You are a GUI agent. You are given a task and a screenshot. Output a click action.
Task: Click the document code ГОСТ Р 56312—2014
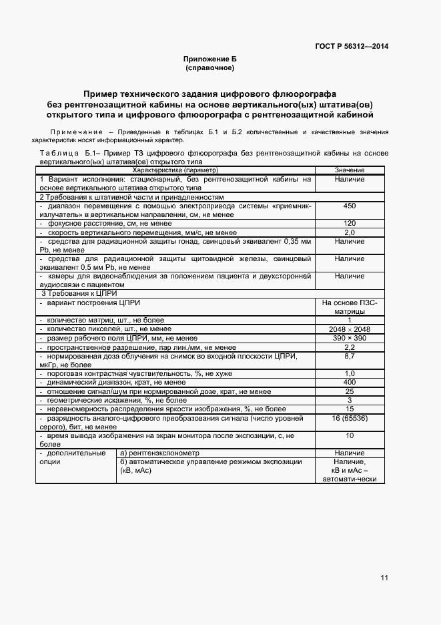click(352, 46)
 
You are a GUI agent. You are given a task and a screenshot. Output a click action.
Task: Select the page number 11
click(385, 578)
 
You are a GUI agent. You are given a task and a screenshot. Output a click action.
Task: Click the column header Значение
click(350, 171)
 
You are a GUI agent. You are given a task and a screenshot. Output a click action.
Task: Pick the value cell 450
click(350, 206)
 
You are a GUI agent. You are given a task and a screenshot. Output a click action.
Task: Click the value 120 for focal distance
click(350, 223)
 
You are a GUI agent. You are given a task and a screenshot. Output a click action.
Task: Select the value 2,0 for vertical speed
click(350, 232)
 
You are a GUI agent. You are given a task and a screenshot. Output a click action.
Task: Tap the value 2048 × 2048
click(350, 329)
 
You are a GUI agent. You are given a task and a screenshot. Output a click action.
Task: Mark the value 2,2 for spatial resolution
click(350, 347)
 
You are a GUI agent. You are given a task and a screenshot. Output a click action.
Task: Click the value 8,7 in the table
click(350, 357)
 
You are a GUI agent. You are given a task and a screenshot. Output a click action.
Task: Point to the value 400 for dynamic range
click(350, 382)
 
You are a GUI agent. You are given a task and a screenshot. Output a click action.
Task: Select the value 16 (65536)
click(350, 417)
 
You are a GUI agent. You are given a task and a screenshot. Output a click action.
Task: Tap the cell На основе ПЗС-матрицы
click(350, 307)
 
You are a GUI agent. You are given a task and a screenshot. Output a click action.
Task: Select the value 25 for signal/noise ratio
click(350, 391)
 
